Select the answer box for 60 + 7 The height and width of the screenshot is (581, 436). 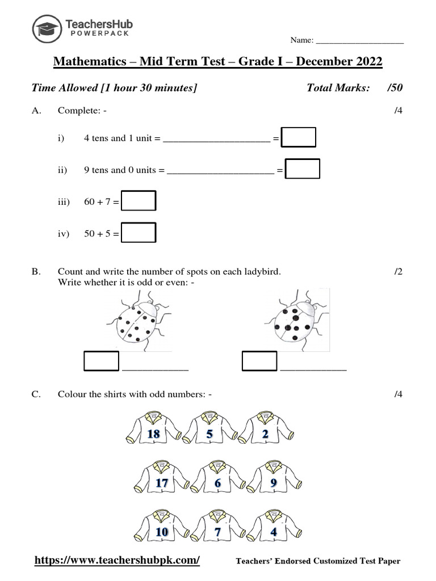click(139, 201)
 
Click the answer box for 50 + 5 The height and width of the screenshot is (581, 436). click(139, 233)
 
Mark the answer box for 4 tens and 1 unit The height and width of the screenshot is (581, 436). click(299, 138)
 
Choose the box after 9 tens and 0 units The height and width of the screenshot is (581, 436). click(303, 169)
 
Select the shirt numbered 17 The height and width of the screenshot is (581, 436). click(161, 482)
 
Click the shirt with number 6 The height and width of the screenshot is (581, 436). click(217, 482)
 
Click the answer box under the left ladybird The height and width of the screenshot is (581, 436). click(102, 361)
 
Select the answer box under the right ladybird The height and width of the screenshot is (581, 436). click(259, 361)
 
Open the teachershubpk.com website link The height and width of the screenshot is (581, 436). click(118, 561)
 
